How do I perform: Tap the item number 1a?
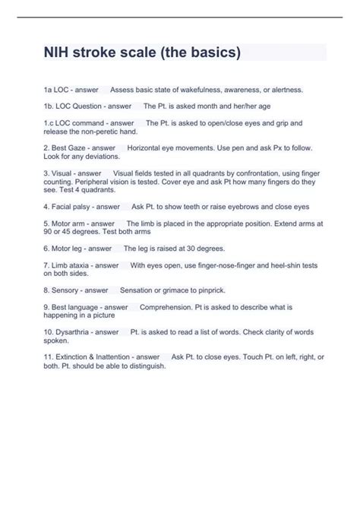click(49, 90)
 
